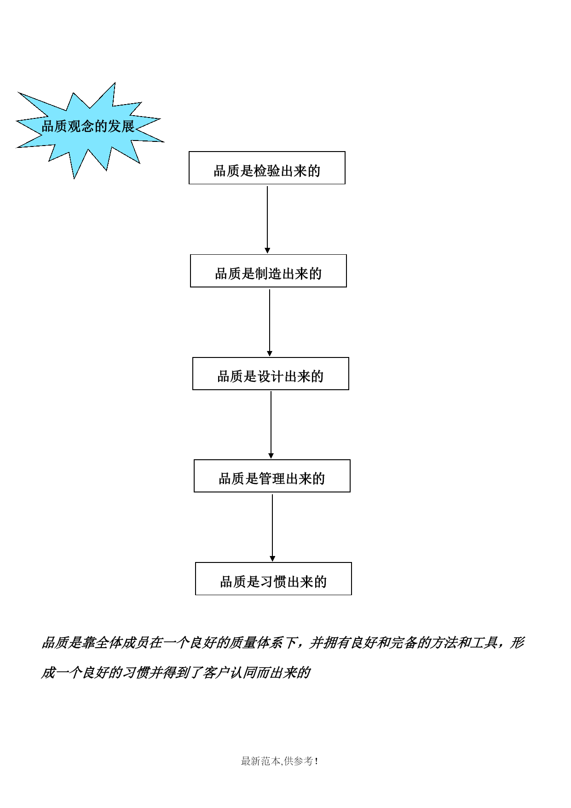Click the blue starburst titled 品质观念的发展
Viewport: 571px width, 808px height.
(90, 129)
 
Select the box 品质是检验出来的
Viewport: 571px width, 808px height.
(267, 168)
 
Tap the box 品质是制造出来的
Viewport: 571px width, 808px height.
(268, 271)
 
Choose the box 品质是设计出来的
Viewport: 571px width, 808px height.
(271, 374)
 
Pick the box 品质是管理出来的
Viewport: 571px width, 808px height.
(272, 476)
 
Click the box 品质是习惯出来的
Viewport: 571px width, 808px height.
(273, 579)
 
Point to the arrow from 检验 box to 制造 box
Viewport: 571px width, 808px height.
(267, 219)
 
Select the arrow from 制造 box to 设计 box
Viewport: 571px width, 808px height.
(270, 322)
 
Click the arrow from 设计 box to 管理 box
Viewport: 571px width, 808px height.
(271, 425)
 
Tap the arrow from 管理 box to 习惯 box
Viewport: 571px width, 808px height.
(272, 527)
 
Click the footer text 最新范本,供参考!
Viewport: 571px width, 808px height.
(280, 761)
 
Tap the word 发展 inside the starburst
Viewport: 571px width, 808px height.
(121, 126)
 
